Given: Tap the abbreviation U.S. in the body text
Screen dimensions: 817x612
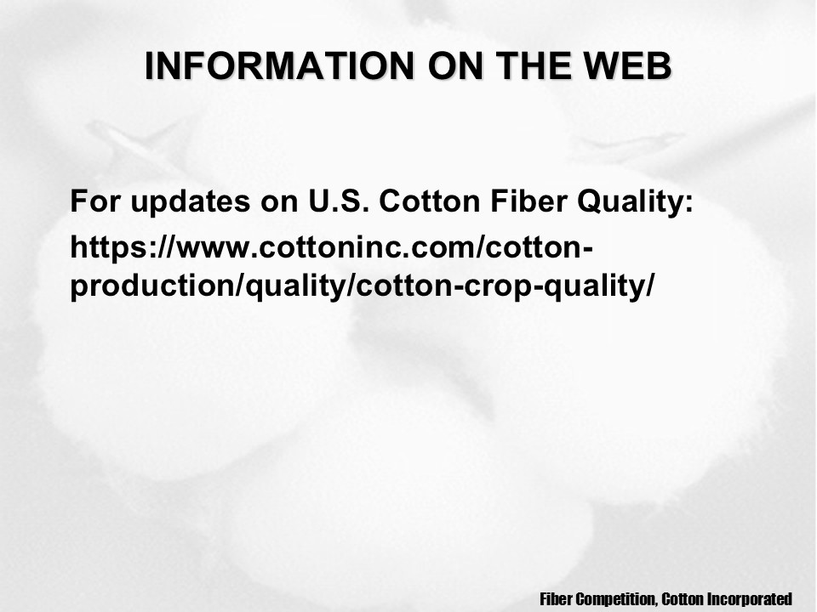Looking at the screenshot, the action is coord(338,201).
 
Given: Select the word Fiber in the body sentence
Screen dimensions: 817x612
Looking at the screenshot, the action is coord(528,201).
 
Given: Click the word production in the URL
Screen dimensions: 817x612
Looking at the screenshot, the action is coord(153,286).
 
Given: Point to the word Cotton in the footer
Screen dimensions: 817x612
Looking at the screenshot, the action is coord(683,598).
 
